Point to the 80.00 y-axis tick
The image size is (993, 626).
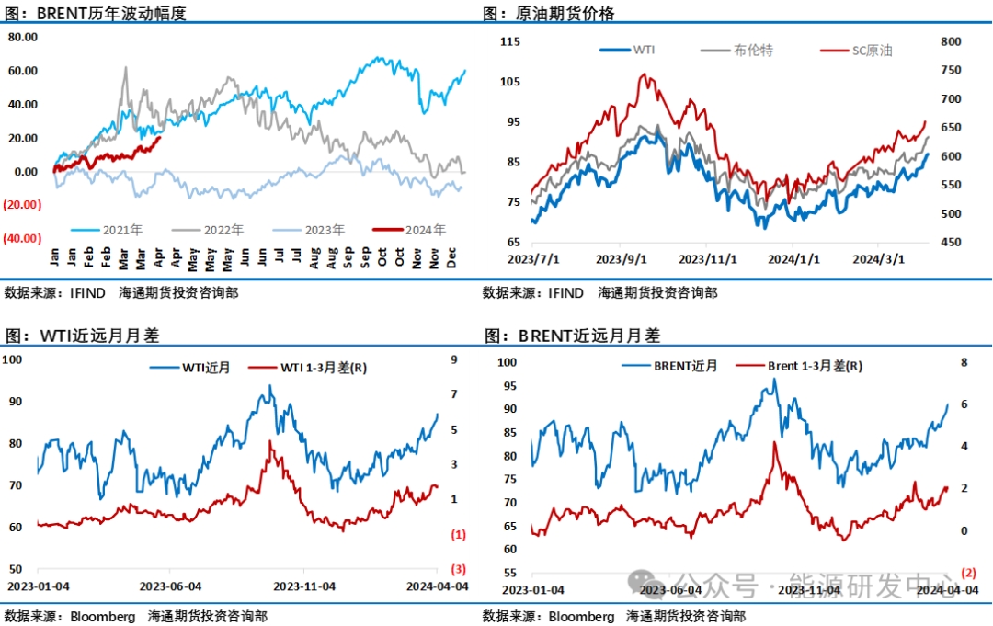coord(22,37)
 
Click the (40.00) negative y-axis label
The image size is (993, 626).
coord(22,238)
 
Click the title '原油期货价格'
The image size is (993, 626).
coord(558,13)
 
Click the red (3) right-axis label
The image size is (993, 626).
coord(458,568)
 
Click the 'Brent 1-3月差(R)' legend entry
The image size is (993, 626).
coord(814,366)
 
